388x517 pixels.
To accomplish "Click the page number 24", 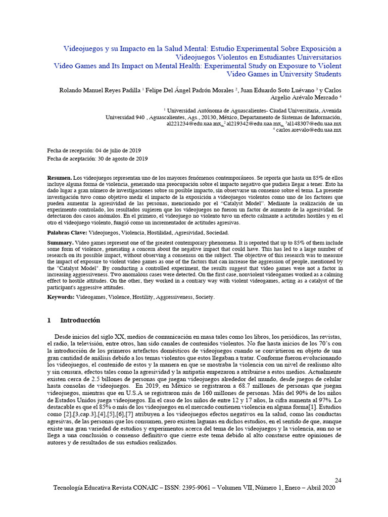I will [338, 480].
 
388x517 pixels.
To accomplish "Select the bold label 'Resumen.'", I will [60, 179].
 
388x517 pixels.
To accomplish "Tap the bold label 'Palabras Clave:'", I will [67, 233].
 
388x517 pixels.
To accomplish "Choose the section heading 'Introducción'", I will [80, 321].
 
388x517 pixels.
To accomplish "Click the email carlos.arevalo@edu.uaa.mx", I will [309, 130].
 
